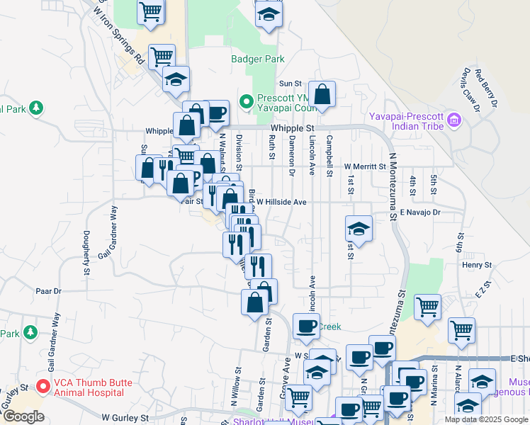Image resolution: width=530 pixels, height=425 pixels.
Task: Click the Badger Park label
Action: [x=257, y=59]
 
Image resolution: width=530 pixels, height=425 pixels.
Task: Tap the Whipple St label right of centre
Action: [x=292, y=127]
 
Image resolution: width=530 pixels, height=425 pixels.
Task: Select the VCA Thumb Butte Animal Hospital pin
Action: [x=43, y=387]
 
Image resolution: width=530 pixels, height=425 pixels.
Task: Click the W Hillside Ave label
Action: [x=281, y=202]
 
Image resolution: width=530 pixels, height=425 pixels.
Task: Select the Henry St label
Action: [x=478, y=265]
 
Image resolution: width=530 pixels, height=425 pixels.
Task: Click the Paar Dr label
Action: [x=49, y=290]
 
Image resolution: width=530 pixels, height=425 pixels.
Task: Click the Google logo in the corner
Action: [x=23, y=416]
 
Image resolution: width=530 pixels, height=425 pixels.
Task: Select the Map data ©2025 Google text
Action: [x=485, y=419]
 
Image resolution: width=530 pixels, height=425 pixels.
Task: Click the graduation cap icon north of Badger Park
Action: [x=269, y=14]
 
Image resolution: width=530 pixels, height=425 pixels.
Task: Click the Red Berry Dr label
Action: [x=487, y=88]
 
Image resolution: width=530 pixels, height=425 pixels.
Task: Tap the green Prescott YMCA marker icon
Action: [x=247, y=102]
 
